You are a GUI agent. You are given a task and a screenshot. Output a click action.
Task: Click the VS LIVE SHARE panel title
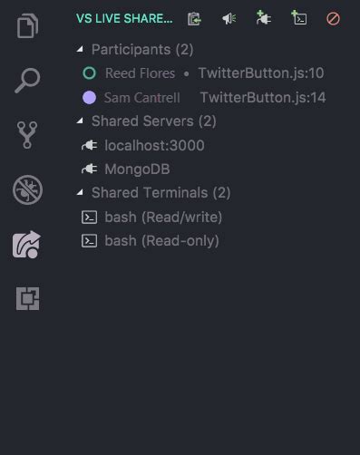click(124, 18)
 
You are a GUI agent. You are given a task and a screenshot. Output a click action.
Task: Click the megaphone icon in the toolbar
click(229, 18)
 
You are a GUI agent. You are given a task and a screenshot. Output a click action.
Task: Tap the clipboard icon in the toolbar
click(194, 18)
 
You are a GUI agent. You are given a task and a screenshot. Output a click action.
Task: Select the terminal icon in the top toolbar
click(298, 18)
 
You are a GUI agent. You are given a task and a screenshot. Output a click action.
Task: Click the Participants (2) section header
click(142, 49)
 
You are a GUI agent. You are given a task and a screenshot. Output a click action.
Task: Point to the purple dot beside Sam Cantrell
click(89, 97)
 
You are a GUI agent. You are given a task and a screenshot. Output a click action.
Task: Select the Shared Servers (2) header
click(153, 121)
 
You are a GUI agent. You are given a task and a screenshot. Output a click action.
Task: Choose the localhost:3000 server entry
click(154, 145)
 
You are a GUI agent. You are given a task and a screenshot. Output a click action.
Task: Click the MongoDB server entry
click(138, 169)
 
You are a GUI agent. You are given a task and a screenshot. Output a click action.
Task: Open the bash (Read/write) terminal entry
click(163, 217)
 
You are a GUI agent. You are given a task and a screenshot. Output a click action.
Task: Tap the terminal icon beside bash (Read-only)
click(89, 240)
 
